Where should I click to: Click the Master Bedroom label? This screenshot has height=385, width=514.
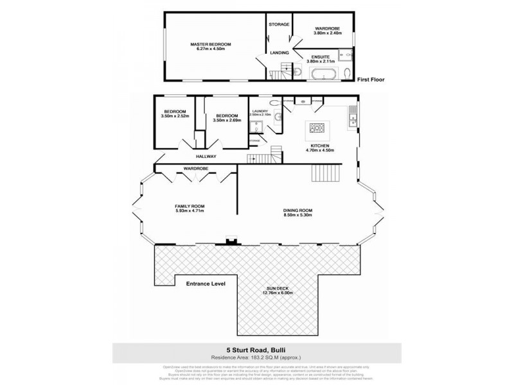[210, 44]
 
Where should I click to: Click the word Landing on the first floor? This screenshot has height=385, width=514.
[279, 53]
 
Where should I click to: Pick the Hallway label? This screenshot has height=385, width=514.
[206, 157]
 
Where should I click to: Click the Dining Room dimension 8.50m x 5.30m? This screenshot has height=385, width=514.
[297, 215]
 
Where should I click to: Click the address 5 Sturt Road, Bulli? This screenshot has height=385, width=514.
[257, 350]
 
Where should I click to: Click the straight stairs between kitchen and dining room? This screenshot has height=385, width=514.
[324, 173]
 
